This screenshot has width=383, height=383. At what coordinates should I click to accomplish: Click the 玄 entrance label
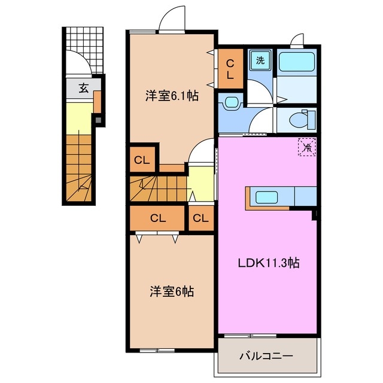[x=84, y=89]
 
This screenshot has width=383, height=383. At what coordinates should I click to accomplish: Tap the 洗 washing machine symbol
[x=260, y=60]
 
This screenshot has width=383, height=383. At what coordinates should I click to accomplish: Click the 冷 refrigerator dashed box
[x=306, y=146]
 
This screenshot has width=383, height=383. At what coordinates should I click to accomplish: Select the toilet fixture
[x=299, y=119]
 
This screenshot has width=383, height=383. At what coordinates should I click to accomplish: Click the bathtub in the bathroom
[x=297, y=61]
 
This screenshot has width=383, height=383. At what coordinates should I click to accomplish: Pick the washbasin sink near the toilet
[x=230, y=104]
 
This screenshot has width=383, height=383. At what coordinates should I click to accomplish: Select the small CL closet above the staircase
[x=141, y=160]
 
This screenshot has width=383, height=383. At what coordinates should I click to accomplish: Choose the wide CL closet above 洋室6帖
[x=157, y=218]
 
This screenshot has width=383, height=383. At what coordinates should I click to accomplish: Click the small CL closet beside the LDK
[x=201, y=218]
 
